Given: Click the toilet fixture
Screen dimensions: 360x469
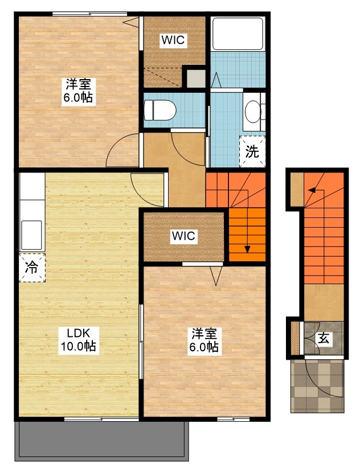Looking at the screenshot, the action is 160,110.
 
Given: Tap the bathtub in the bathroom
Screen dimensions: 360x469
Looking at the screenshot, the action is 238,34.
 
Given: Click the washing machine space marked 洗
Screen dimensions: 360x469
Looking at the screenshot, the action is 252,151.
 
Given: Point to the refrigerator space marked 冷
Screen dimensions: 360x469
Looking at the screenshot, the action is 32,268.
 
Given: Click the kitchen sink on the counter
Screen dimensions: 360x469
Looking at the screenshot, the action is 31,235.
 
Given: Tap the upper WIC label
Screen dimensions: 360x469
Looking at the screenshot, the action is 173,40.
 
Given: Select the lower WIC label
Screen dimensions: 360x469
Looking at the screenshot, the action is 183,236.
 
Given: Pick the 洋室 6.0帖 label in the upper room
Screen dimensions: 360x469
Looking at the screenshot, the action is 79,91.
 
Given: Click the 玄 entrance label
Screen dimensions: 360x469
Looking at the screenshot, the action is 324,339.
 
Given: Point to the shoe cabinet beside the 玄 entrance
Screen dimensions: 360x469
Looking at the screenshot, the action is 296,338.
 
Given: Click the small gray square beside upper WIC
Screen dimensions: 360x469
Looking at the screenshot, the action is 196,79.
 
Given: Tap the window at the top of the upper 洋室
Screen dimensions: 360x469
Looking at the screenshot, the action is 90,14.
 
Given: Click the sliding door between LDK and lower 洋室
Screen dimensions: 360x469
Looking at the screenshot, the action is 141,342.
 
